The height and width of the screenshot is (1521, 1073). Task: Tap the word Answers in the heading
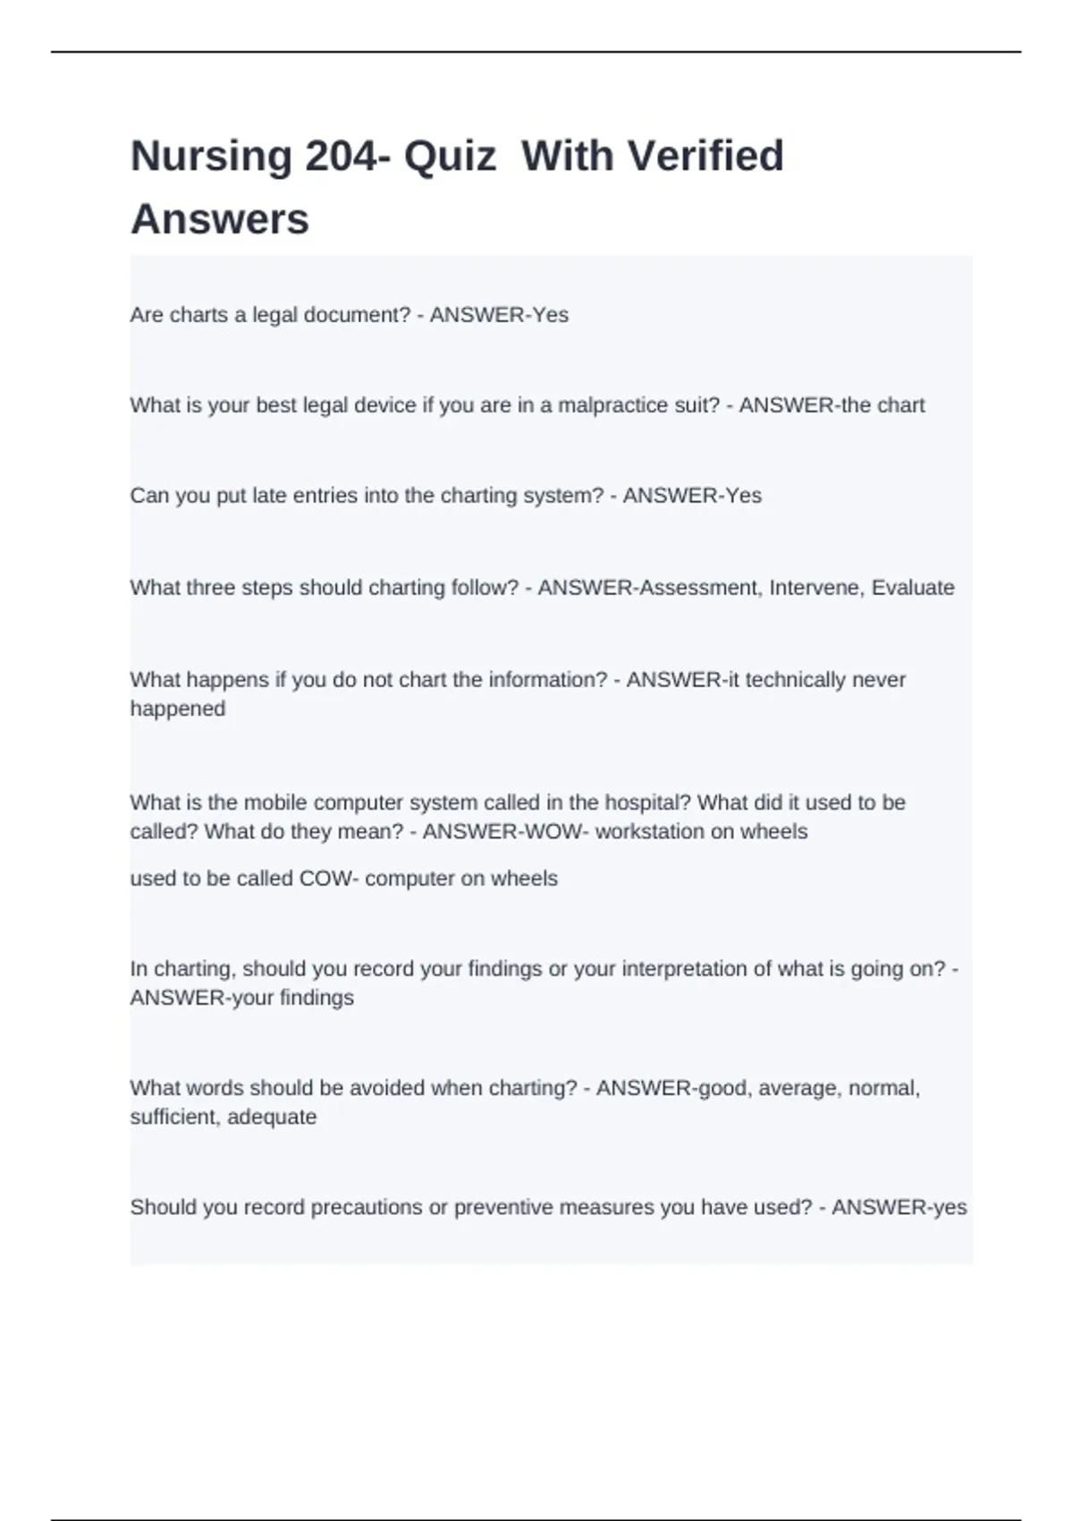(220, 219)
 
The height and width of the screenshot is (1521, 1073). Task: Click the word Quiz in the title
(450, 157)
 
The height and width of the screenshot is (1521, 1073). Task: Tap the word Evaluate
(913, 588)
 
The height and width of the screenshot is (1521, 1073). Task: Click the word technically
(795, 680)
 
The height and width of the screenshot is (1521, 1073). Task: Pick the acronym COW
(326, 879)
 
